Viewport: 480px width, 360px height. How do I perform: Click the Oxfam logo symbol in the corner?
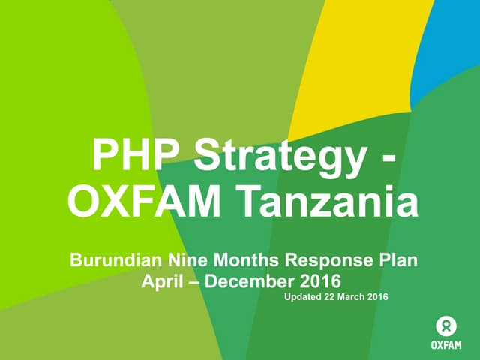click(x=446, y=325)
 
